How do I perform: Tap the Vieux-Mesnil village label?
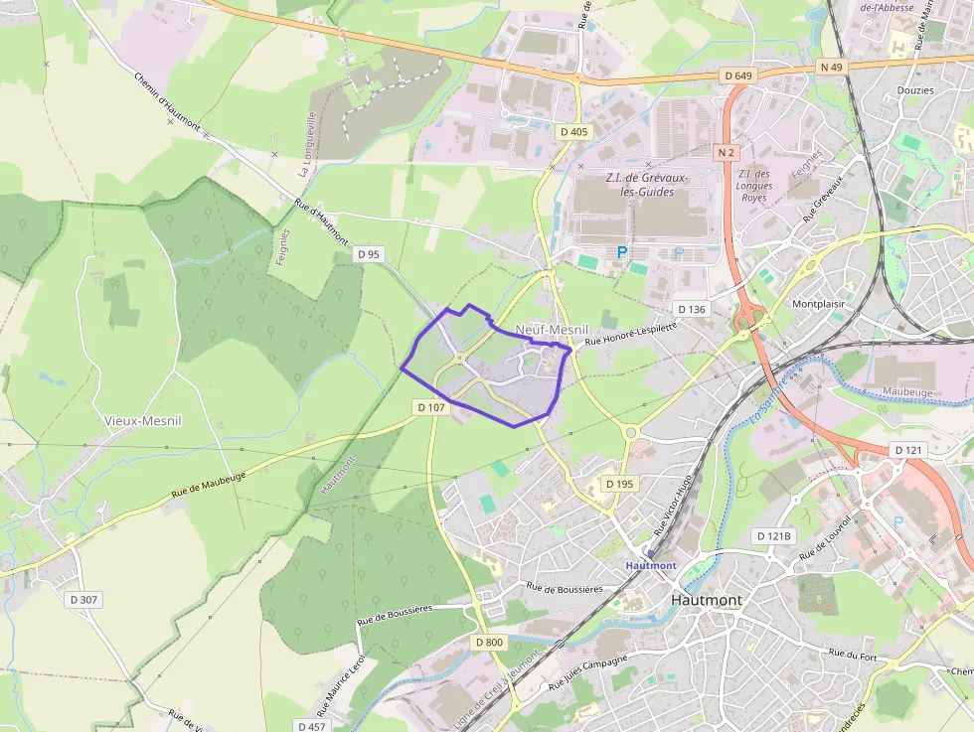coord(143,420)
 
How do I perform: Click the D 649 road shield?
coord(738,75)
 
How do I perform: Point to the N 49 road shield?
coord(831,68)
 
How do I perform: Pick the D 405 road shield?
coord(573,131)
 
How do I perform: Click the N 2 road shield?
coord(727,153)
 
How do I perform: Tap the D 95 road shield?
coord(368,254)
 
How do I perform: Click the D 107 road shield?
coord(431,407)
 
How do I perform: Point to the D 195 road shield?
coord(618,484)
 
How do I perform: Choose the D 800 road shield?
coord(490,643)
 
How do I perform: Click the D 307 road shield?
coord(84,600)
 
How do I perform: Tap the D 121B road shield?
coord(775,536)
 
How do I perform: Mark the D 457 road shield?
coord(311,726)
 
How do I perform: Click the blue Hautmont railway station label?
coord(651,565)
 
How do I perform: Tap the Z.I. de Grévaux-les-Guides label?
coord(640,184)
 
